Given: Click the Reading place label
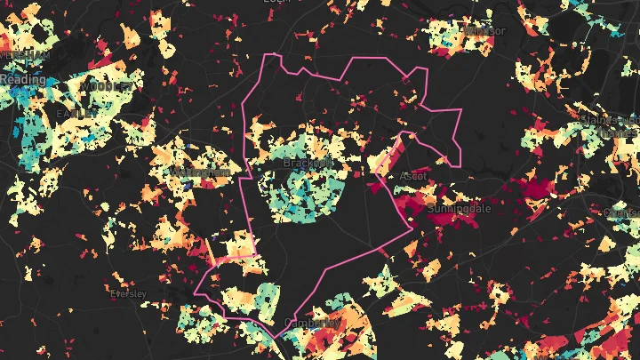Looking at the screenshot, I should click(22, 80).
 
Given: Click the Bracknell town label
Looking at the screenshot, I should click(308, 163).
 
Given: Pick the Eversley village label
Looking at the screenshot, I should click(129, 292).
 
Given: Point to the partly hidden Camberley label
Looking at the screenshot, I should click(311, 322).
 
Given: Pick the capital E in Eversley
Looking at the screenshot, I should click(112, 292).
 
